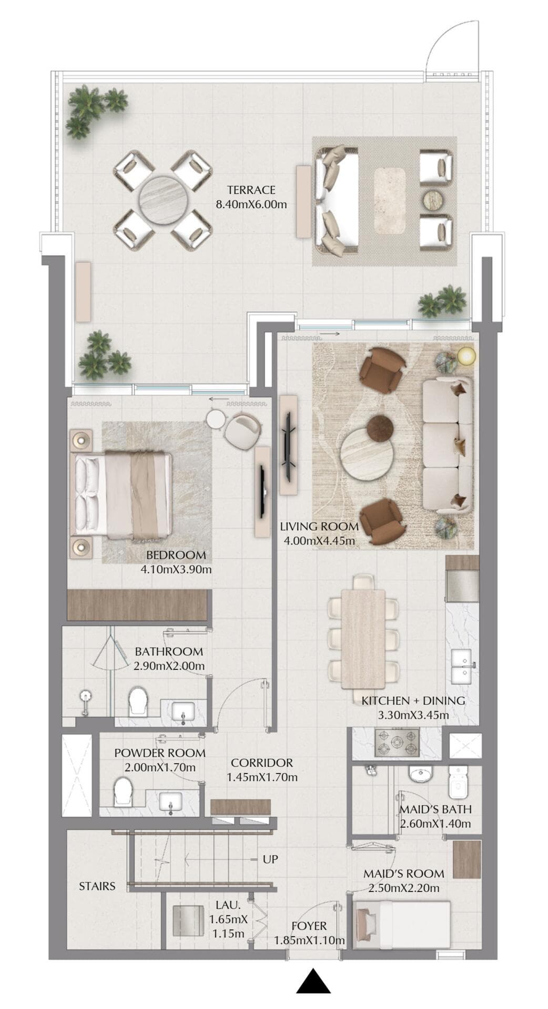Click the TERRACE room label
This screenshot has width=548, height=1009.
click(251, 190)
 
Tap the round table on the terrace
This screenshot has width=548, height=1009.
click(163, 200)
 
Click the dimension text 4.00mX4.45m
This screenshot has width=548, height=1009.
click(319, 540)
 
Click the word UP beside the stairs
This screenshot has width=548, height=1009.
click(270, 859)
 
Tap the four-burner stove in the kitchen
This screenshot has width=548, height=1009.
click(397, 742)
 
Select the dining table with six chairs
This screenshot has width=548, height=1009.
click(363, 639)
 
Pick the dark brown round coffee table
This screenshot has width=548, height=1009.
click(380, 428)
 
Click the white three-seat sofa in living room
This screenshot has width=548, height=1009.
click(447, 444)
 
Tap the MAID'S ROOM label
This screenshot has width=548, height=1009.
click(403, 873)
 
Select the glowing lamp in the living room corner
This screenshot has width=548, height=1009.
click(466, 356)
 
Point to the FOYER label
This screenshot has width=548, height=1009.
click(309, 926)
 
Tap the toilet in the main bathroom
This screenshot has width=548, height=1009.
click(138, 700)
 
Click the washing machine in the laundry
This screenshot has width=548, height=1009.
click(188, 921)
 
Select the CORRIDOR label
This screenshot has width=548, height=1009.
click(261, 763)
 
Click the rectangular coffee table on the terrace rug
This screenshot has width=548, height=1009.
click(390, 200)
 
